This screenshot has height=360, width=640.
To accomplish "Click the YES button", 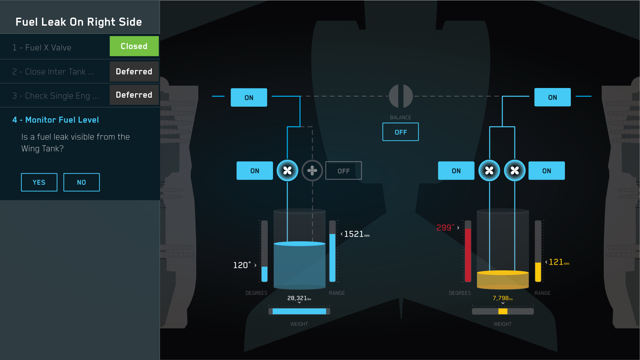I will pyautogui.click(x=39, y=182).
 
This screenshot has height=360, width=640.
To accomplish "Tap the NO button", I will pyautogui.click(x=81, y=182).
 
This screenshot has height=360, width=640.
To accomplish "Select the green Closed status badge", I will pyautogui.click(x=134, y=46).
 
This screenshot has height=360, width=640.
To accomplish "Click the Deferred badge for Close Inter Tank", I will pyautogui.click(x=134, y=71).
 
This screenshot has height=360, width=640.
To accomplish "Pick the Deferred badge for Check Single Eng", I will pyautogui.click(x=134, y=95).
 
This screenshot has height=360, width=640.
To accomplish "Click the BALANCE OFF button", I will pyautogui.click(x=400, y=132).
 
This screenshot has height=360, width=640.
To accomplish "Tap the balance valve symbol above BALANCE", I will pyautogui.click(x=401, y=96).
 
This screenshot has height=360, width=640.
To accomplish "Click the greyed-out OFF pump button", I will pyautogui.click(x=343, y=171).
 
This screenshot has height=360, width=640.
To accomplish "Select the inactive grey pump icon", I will pyautogui.click(x=312, y=171).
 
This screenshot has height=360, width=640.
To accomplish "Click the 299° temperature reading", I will pyautogui.click(x=445, y=228).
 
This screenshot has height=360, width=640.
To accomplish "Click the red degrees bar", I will pyautogui.click(x=468, y=255).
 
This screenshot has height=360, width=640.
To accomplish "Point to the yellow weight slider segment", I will pyautogui.click(x=503, y=311).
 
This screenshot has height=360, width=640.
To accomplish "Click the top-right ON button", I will pyautogui.click(x=552, y=97).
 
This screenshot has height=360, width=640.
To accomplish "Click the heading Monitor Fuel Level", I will pyautogui.click(x=56, y=120).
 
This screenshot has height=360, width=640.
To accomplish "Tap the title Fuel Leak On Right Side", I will pyautogui.click(x=79, y=22).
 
